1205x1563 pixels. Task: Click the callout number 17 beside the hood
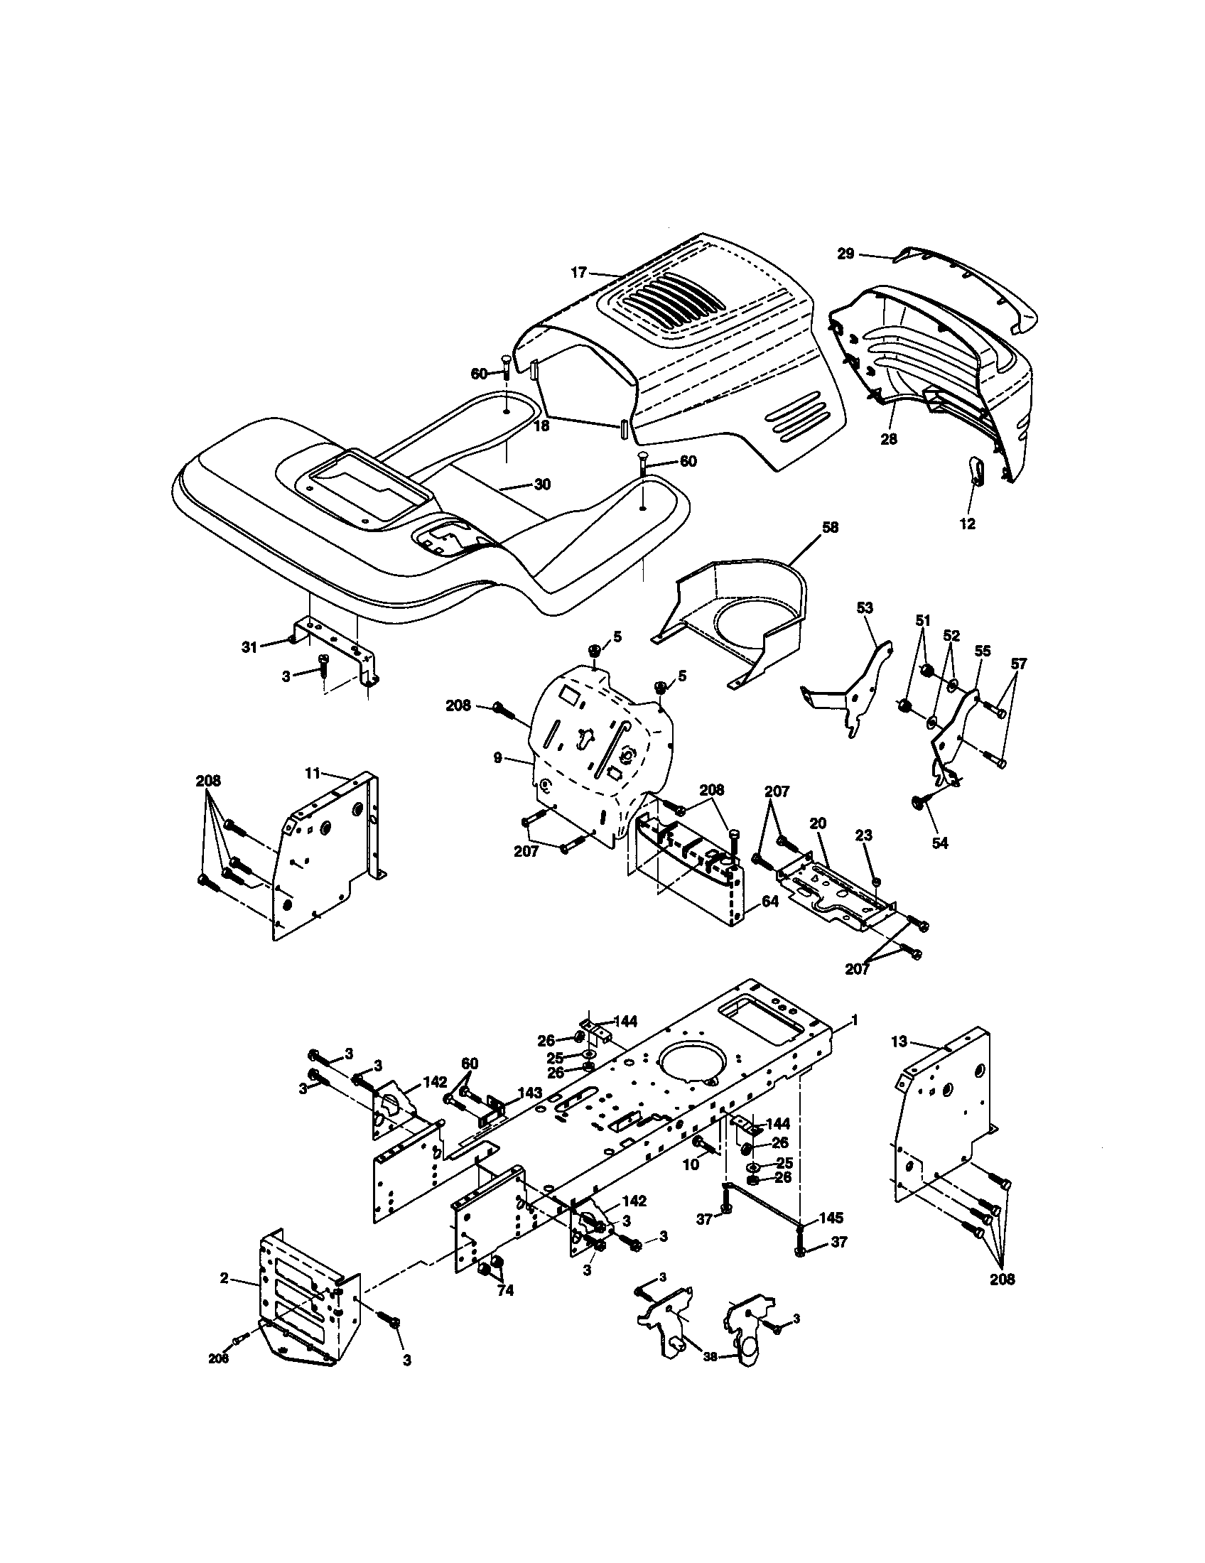(578, 272)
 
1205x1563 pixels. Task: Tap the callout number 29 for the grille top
(845, 254)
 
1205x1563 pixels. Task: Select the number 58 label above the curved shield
(830, 527)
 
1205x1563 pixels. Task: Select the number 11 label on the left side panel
(312, 774)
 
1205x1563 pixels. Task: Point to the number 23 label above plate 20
(863, 835)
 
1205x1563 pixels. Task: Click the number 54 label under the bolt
(939, 844)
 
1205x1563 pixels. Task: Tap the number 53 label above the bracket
(865, 607)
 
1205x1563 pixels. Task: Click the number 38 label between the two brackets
(709, 1356)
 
